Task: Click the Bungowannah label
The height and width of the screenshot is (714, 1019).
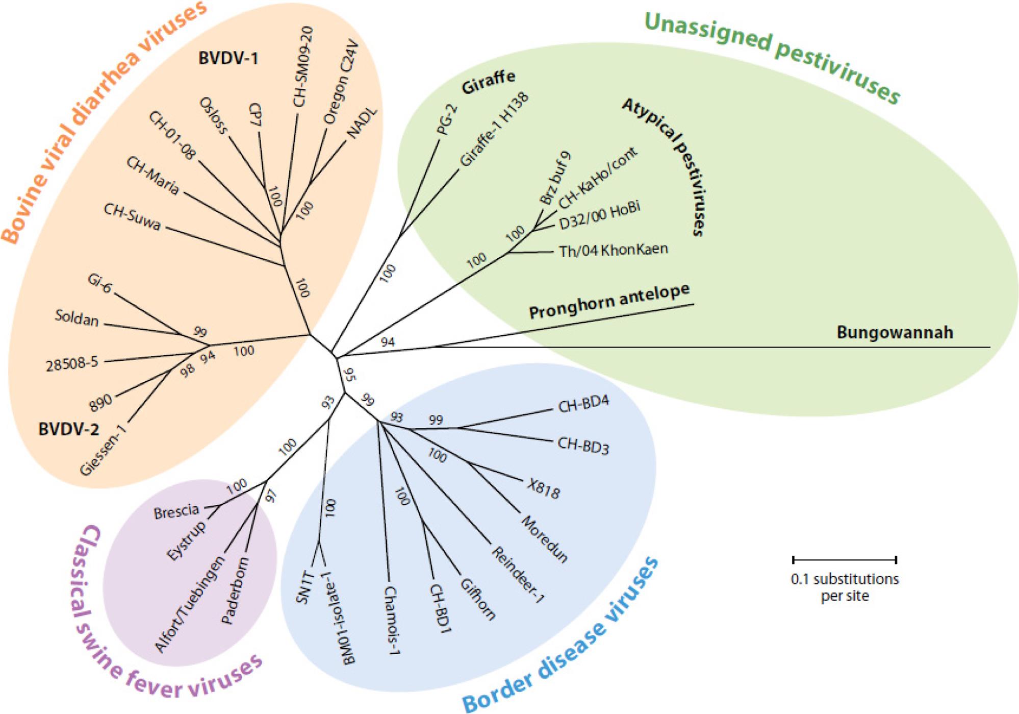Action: tap(895, 333)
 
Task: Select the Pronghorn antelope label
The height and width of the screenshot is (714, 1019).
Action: tap(609, 302)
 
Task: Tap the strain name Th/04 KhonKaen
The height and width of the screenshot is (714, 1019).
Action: tap(614, 250)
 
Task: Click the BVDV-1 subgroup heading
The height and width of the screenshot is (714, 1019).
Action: tap(228, 58)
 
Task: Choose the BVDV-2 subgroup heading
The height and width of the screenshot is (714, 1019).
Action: tap(68, 430)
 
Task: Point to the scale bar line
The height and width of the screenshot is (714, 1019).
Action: tap(844, 560)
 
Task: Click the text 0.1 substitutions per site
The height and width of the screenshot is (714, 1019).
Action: tap(845, 587)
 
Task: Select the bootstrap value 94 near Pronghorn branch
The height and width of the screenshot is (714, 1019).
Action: tap(388, 342)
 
